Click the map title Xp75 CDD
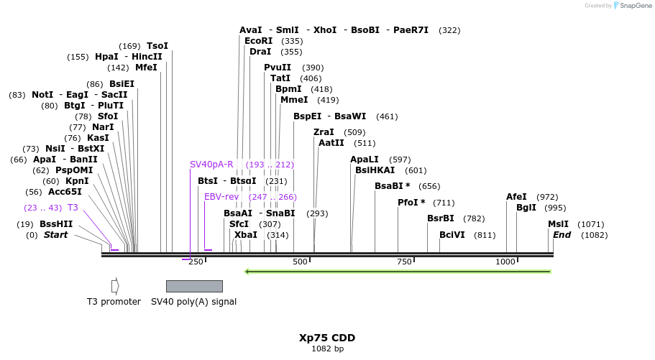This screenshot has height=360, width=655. pyautogui.click(x=327, y=338)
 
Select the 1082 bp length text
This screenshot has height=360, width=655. pyautogui.click(x=327, y=349)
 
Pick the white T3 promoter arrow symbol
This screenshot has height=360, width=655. pyautogui.click(x=115, y=286)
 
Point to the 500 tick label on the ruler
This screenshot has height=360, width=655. pyautogui.click(x=301, y=262)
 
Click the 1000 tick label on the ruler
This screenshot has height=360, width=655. pyautogui.click(x=505, y=262)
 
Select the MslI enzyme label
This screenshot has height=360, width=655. pyautogui.click(x=558, y=224)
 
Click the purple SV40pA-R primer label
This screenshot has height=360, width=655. pyautogui.click(x=211, y=165)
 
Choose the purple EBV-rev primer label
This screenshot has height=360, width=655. pyautogui.click(x=221, y=197)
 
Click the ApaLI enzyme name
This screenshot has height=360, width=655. pyautogui.click(x=365, y=160)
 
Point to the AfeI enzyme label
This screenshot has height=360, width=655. pyautogui.click(x=516, y=197)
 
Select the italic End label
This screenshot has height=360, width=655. pyautogui.click(x=562, y=235)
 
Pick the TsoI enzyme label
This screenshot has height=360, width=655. pyautogui.click(x=157, y=46)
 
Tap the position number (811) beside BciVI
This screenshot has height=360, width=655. pyautogui.click(x=485, y=235)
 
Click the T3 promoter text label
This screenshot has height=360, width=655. pyautogui.click(x=114, y=302)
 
